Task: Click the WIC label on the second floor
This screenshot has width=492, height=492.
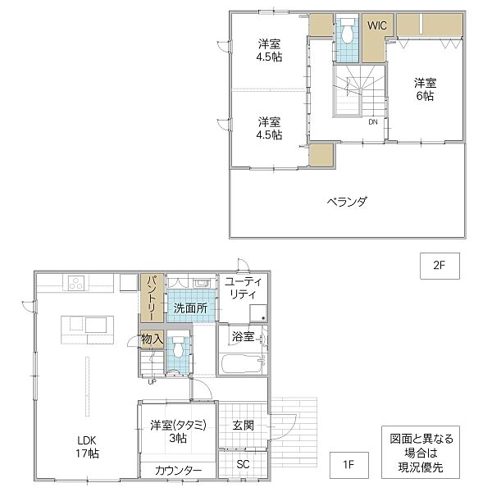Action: click(x=377, y=25)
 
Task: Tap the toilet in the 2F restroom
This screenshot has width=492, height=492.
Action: click(x=347, y=30)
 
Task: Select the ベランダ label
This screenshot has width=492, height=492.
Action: click(x=347, y=202)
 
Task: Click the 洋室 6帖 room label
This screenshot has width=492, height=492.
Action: click(x=425, y=89)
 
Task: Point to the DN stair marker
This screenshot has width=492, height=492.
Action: click(x=373, y=121)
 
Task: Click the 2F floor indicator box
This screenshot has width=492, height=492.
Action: click(x=440, y=266)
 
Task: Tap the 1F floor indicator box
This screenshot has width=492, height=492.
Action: click(x=349, y=465)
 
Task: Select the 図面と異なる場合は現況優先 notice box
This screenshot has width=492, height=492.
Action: click(x=421, y=452)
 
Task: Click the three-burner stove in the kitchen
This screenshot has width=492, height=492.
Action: click(x=76, y=283)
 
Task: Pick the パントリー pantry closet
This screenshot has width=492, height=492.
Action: click(x=152, y=298)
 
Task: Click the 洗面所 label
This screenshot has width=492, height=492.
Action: click(x=190, y=308)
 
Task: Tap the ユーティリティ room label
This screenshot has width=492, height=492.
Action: click(x=244, y=288)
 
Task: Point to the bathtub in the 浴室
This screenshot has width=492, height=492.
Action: click(x=242, y=363)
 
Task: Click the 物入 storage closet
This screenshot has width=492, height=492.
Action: click(x=152, y=339)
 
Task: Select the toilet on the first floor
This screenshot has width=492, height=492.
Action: click(x=178, y=347)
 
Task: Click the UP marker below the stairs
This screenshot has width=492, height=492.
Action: click(x=152, y=382)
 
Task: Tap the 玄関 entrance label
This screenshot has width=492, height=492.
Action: click(x=243, y=426)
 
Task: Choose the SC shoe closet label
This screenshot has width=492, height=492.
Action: click(x=243, y=464)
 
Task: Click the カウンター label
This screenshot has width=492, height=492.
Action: click(x=178, y=471)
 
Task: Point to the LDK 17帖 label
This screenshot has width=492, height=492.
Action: click(x=87, y=447)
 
